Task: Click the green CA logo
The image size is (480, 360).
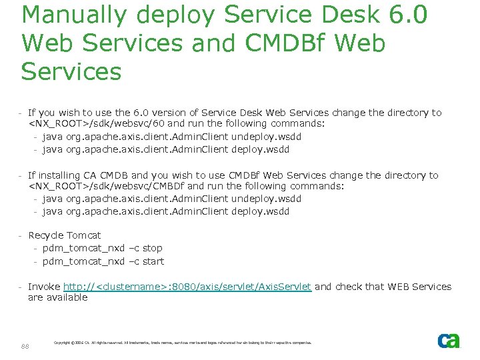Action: click(449, 341)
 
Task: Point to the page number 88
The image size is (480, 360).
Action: click(25, 346)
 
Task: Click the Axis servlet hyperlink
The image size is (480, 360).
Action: click(187, 287)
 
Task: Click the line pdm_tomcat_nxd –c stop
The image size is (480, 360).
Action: click(102, 248)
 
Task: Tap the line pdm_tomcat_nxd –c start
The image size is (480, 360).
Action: click(103, 261)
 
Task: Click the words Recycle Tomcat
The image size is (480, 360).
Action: click(64, 235)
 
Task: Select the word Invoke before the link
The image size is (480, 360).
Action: click(44, 287)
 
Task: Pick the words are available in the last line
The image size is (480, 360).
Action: click(57, 298)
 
